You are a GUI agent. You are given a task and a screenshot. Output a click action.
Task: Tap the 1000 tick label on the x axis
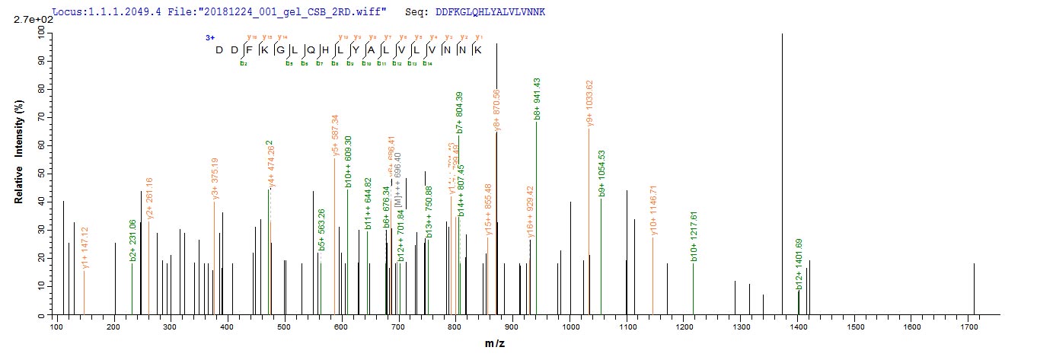click(x=571, y=327)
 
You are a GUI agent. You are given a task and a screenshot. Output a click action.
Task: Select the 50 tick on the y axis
click(x=43, y=173)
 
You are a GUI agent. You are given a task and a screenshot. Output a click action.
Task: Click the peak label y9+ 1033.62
click(x=589, y=103)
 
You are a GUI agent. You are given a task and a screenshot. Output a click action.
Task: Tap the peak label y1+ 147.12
click(x=85, y=247)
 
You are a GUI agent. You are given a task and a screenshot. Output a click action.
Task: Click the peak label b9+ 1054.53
click(x=601, y=174)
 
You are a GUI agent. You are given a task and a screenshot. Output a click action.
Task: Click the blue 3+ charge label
click(x=209, y=37)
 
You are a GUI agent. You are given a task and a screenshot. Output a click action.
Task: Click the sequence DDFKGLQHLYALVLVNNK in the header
click(x=491, y=13)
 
